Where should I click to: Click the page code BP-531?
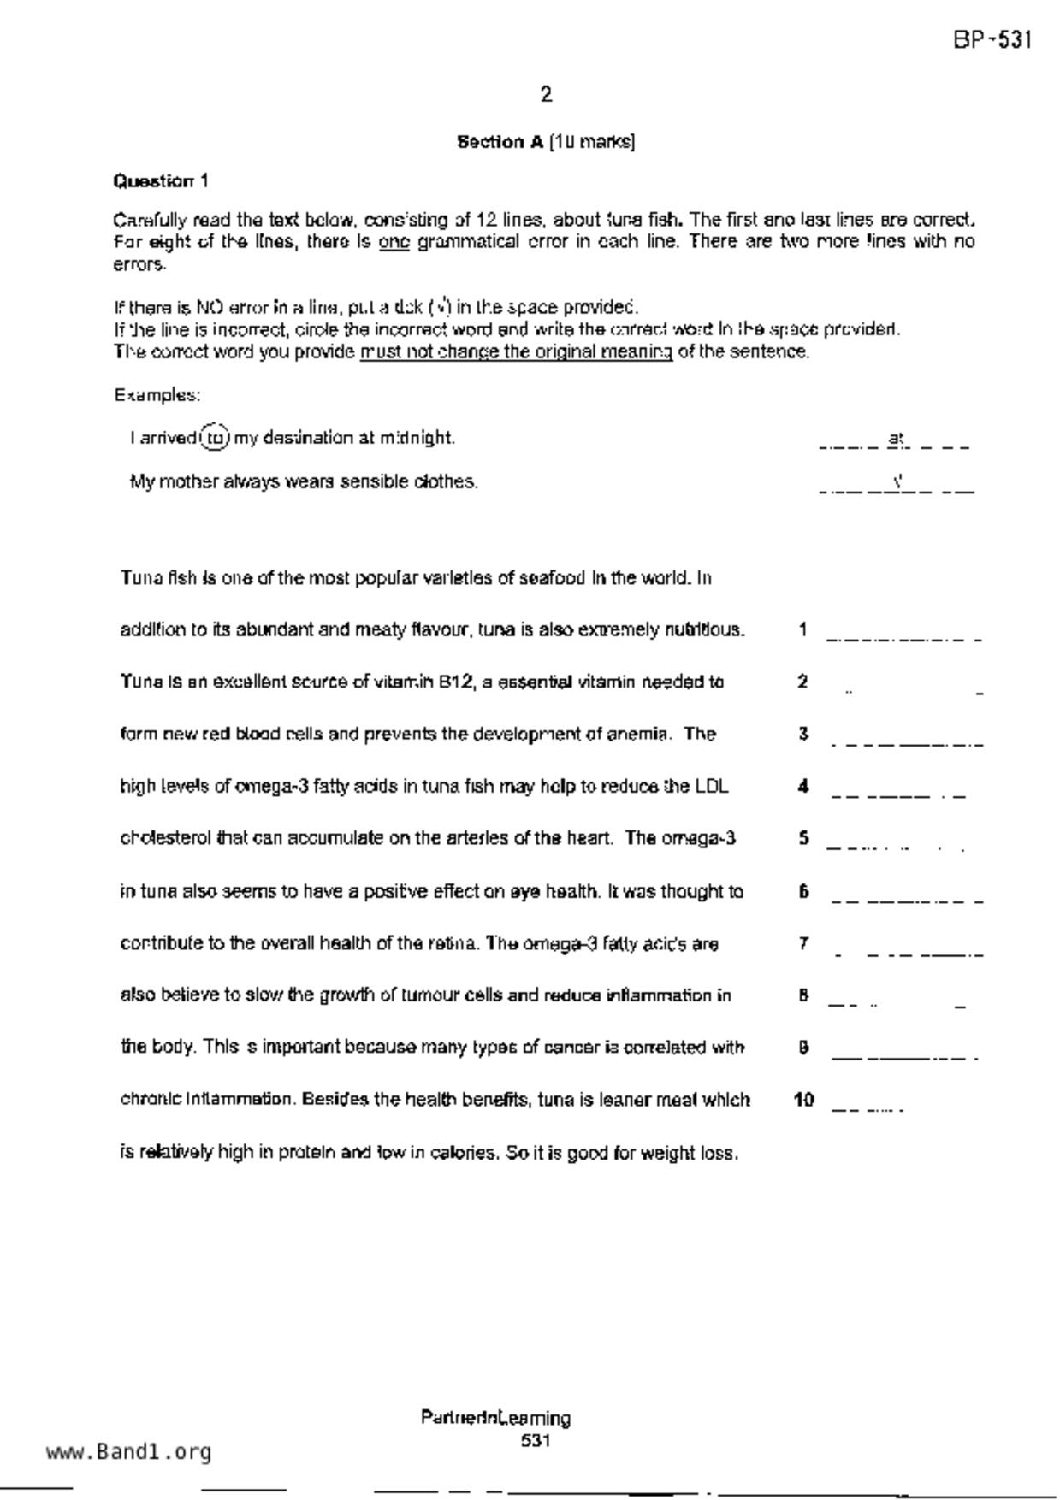click(992, 40)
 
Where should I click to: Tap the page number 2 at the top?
click(547, 94)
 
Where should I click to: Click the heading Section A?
click(500, 142)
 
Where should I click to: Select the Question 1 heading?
click(161, 181)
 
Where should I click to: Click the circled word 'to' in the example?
click(216, 438)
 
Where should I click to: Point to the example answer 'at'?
click(896, 439)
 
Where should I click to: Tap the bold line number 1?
click(802, 630)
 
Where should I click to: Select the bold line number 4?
click(802, 787)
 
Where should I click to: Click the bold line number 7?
click(803, 943)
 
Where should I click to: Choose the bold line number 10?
click(803, 1100)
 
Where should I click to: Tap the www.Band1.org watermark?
click(128, 1452)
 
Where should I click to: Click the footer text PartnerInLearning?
click(495, 1419)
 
